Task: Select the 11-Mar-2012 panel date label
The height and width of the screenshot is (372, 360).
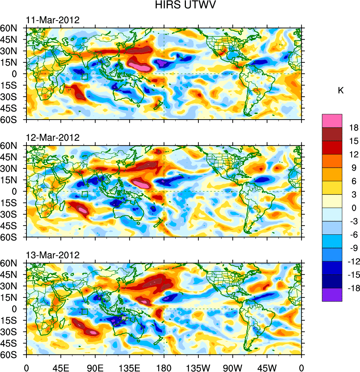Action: click(x=53, y=20)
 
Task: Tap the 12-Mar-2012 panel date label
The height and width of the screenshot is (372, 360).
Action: click(x=53, y=138)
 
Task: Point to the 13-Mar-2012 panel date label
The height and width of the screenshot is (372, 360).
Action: click(x=53, y=255)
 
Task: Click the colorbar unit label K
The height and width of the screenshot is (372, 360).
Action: click(x=341, y=91)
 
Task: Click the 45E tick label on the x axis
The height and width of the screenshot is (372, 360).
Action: click(x=61, y=367)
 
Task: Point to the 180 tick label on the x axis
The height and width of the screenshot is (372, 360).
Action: click(x=164, y=367)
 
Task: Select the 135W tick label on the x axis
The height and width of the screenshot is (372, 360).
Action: click(x=198, y=367)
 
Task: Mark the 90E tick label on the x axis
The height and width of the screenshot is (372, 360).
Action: click(x=95, y=367)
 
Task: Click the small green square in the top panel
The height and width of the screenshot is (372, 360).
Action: click(x=84, y=77)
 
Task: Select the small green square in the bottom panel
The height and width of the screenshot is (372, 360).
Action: click(x=84, y=311)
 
